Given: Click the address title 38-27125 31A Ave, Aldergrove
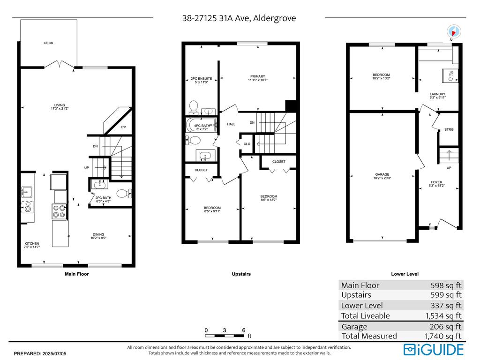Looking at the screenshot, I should pyautogui.click(x=239, y=18).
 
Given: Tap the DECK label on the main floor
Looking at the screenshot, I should pyautogui.click(x=49, y=43).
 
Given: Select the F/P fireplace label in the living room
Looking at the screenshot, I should pyautogui.click(x=123, y=127).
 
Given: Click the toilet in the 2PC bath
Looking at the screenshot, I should pyautogui.click(x=123, y=193).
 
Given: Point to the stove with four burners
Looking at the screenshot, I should pyautogui.click(x=60, y=212).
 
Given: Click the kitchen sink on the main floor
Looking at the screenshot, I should pyautogui.click(x=26, y=192).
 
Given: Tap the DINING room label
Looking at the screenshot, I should pyautogui.click(x=98, y=235).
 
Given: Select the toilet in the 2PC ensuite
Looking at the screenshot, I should pyautogui.click(x=193, y=108).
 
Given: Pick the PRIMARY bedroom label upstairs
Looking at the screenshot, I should pyautogui.click(x=257, y=76).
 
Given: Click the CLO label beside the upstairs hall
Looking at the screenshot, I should pyautogui.click(x=247, y=144).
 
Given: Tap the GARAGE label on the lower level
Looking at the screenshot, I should pyautogui.click(x=382, y=174).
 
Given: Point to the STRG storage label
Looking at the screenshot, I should pyautogui.click(x=449, y=129).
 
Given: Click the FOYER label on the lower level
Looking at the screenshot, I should pyautogui.click(x=436, y=182).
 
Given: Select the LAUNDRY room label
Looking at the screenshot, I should pyautogui.click(x=437, y=94).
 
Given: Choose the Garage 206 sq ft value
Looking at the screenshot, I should pyautogui.click(x=446, y=327).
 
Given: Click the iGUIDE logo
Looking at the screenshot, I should pyautogui.click(x=434, y=349).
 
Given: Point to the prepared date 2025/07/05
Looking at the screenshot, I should pyautogui.click(x=40, y=353).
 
